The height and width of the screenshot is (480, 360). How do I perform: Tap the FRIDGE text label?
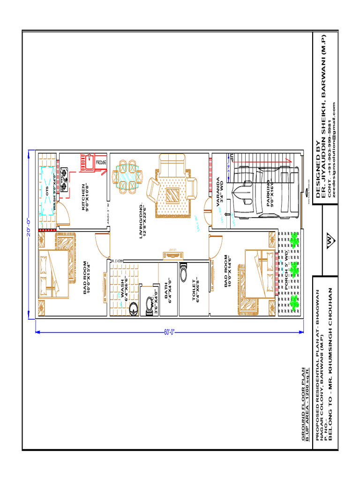pos(101,162)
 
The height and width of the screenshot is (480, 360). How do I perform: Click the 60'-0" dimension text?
pos(169,332)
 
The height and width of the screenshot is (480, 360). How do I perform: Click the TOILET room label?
pos(195,291)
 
